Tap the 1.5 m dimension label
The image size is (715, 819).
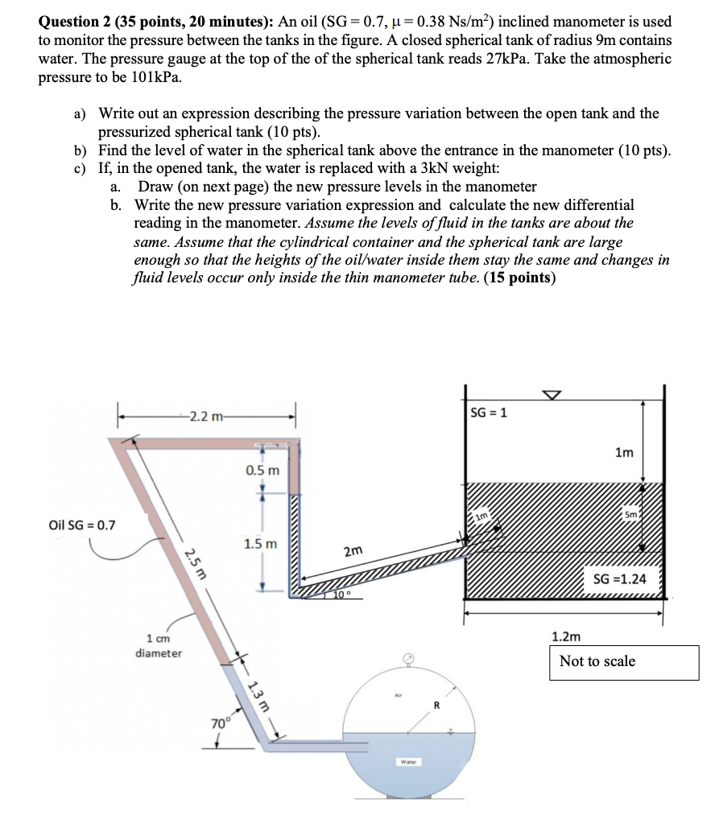[x=262, y=545]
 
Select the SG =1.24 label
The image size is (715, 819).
[x=619, y=579]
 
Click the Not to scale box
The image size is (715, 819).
[x=623, y=661]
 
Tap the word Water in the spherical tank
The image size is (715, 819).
[x=408, y=760]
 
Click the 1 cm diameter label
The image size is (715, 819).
[x=159, y=646]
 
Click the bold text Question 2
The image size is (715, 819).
[x=79, y=23]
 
